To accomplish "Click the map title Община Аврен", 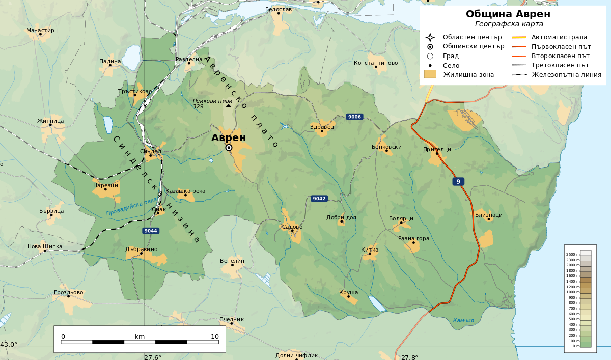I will (508, 14).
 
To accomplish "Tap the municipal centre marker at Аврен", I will (229, 148).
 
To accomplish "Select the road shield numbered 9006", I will (354, 117).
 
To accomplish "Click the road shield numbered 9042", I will (319, 198).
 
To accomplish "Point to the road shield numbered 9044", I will (151, 231).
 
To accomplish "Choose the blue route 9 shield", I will (458, 182).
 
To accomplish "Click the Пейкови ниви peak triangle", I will (228, 106).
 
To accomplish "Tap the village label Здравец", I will (322, 127).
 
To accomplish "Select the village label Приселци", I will (437, 149).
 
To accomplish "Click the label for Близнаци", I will (488, 215).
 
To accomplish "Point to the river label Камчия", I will (463, 320).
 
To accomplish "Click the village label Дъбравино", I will (141, 249).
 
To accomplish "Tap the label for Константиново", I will (376, 63).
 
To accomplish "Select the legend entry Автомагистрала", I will (559, 37).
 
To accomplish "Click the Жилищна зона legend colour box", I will (430, 74).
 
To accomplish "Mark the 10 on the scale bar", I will (215, 336).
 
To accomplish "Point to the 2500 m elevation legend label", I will (573, 254).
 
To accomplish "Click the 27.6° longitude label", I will (152, 357).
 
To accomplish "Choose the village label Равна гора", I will (413, 238).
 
